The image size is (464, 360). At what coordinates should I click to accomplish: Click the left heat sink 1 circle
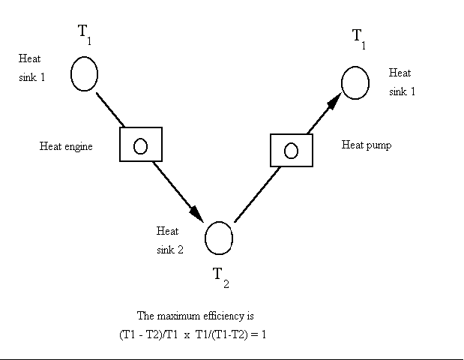click(x=84, y=73)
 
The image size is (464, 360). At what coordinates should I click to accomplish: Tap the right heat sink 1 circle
click(x=355, y=82)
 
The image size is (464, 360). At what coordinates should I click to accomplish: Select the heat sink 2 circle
click(x=219, y=238)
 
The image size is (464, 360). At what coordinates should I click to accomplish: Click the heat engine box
click(x=141, y=144)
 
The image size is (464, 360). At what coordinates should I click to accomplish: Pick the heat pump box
click(x=291, y=150)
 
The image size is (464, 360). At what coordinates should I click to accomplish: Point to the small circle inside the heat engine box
click(x=140, y=145)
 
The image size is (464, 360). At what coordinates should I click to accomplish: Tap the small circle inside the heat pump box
click(x=291, y=151)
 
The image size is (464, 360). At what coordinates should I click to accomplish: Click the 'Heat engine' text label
click(x=66, y=147)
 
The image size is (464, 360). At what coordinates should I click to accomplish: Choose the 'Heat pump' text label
click(x=367, y=145)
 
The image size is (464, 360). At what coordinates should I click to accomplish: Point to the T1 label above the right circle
click(x=360, y=38)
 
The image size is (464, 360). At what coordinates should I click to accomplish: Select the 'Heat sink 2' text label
click(x=169, y=240)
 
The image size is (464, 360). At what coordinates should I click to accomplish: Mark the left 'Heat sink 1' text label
click(x=32, y=67)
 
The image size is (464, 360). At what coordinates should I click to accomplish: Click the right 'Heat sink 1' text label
click(x=401, y=82)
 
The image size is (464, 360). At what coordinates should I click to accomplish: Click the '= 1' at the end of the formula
click(x=259, y=334)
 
